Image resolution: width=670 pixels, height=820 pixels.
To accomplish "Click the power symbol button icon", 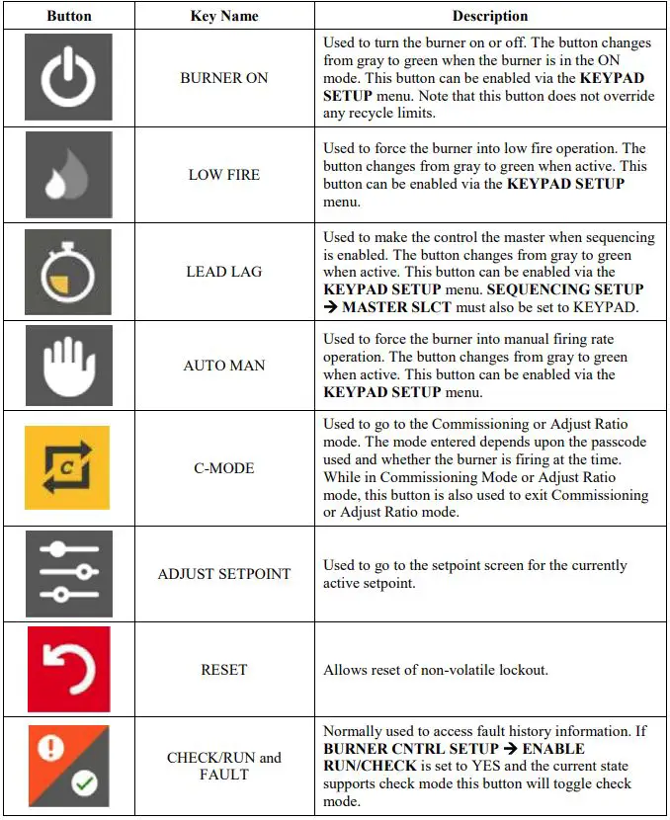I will [x=68, y=77].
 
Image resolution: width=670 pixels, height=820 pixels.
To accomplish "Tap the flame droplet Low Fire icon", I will [x=68, y=175].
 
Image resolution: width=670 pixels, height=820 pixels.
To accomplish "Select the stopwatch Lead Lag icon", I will [x=68, y=272].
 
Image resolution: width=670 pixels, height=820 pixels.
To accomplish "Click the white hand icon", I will [x=68, y=366].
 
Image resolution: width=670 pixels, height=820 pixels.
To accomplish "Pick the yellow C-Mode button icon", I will [x=68, y=467].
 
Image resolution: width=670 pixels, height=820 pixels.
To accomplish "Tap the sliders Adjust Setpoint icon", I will [x=68, y=574].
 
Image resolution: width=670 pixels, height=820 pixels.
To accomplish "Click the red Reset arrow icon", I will [x=68, y=669].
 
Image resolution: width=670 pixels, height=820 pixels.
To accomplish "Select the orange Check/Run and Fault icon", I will [x=68, y=766].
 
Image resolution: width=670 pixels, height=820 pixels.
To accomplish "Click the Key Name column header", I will [x=224, y=17].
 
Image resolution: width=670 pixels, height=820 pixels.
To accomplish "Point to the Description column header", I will [x=490, y=17].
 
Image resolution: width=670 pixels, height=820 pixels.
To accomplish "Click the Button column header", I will [x=69, y=17].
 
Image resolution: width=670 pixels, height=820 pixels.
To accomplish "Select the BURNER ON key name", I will [x=224, y=78].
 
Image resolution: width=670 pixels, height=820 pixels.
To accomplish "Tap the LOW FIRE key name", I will [x=224, y=175].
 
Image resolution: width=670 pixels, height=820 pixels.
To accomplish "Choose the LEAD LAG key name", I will [x=224, y=272].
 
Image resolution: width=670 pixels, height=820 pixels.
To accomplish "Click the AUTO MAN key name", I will [x=224, y=366].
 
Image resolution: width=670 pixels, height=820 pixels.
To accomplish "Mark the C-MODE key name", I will [x=224, y=468].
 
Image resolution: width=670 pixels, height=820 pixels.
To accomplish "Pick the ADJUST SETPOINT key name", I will [x=224, y=574].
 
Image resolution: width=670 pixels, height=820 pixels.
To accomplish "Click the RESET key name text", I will [x=224, y=670].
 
